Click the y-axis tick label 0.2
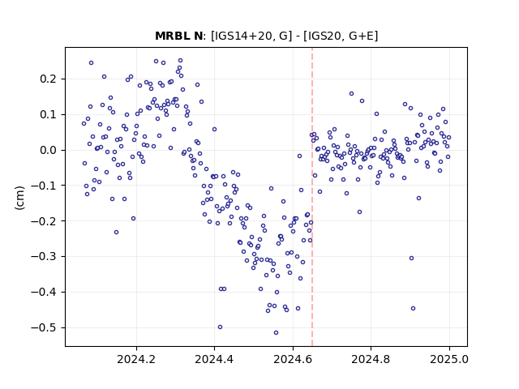(x=48, y=79)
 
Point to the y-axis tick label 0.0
(x=48, y=150)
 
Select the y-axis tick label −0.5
(x=43, y=327)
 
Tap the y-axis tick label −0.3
(x=43, y=257)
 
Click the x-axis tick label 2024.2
(x=136, y=359)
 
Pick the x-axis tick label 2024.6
(x=293, y=359)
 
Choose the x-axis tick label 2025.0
(x=449, y=359)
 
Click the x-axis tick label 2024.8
(x=371, y=359)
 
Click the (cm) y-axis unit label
(x=19, y=198)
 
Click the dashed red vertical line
(x=312, y=197)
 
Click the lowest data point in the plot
(x=276, y=333)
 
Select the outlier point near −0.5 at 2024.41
(x=220, y=327)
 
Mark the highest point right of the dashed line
(x=351, y=94)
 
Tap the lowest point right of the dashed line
(x=413, y=308)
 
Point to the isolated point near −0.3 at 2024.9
(x=411, y=258)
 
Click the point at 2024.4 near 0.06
(x=214, y=130)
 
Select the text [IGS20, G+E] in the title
(x=341, y=36)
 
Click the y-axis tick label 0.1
(x=48, y=115)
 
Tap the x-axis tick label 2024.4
(x=214, y=359)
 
